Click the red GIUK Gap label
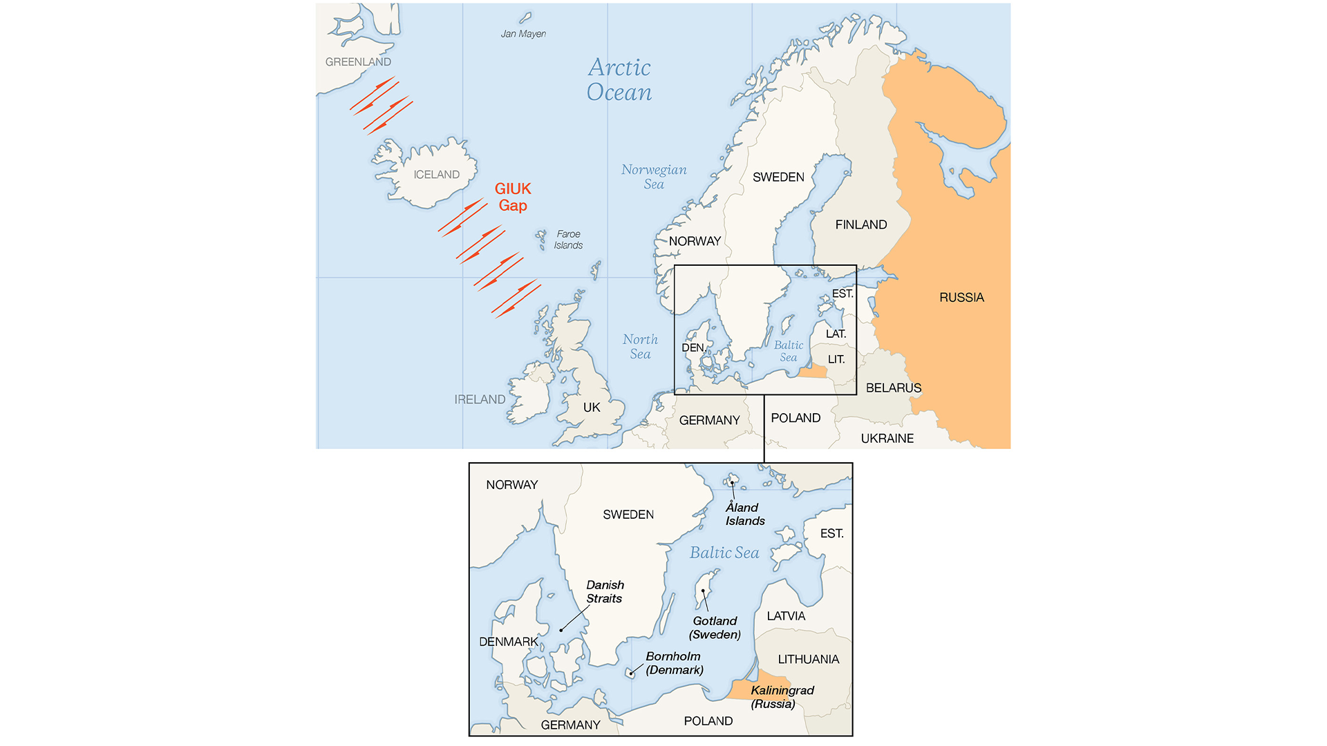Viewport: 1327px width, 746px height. click(x=513, y=197)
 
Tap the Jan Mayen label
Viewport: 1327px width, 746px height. click(x=523, y=34)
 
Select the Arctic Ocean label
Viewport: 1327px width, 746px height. click(x=619, y=79)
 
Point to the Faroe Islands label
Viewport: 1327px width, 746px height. click(x=568, y=240)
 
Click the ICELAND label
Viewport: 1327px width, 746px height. click(x=436, y=175)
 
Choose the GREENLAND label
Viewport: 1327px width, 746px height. click(x=358, y=62)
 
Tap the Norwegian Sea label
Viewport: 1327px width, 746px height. click(x=654, y=177)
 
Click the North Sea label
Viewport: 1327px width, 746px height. click(x=640, y=347)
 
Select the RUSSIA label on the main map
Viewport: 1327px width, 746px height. click(x=961, y=298)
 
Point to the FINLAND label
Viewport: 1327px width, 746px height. click(x=860, y=224)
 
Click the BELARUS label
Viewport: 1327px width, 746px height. click(x=894, y=388)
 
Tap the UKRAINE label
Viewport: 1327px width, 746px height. click(x=887, y=439)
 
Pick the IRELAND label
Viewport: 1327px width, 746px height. click(x=480, y=399)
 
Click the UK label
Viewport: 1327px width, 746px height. click(x=592, y=408)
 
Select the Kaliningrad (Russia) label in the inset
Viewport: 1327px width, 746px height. click(x=782, y=697)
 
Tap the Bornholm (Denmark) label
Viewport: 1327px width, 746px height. click(x=674, y=663)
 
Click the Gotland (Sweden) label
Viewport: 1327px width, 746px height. click(x=715, y=628)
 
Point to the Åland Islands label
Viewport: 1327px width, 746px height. click(x=745, y=515)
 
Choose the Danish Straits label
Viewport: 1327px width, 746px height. click(x=605, y=592)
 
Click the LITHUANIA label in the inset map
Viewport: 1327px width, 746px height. click(x=808, y=660)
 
